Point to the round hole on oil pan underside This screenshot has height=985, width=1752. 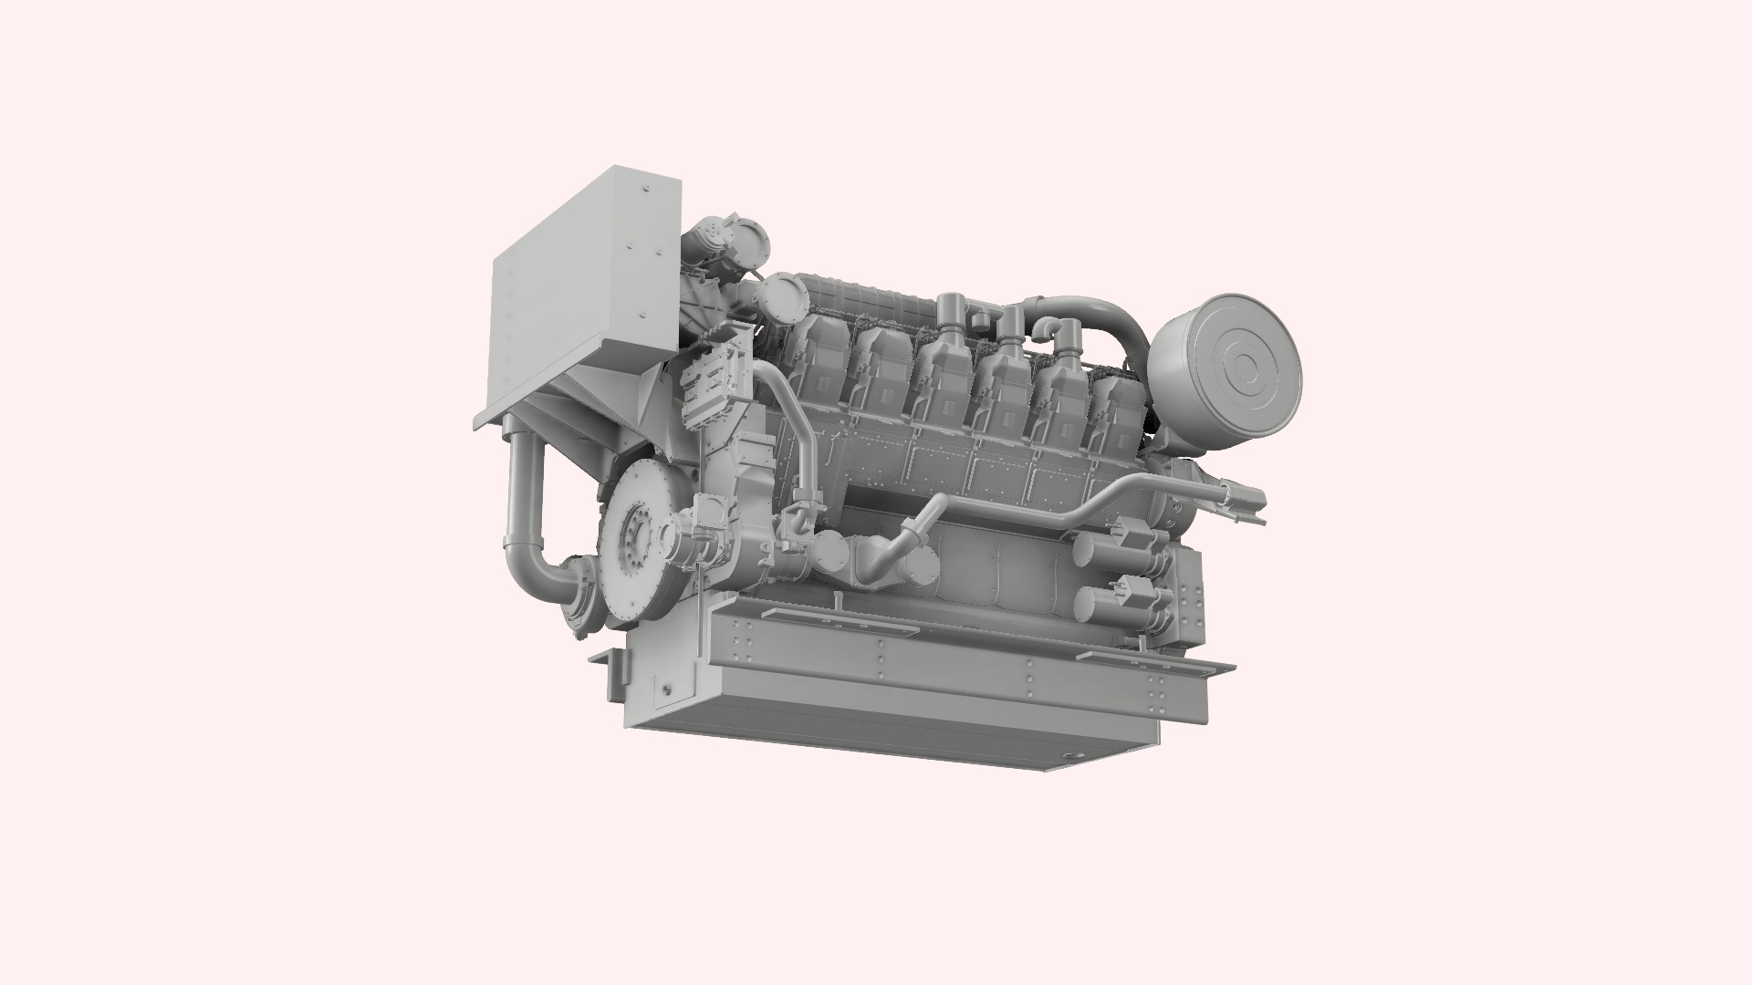1076,755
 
